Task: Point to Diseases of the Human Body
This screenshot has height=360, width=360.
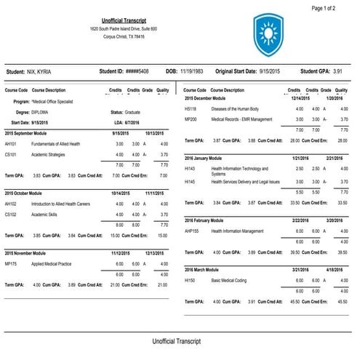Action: click(x=241, y=108)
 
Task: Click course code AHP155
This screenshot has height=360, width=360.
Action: click(x=194, y=230)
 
